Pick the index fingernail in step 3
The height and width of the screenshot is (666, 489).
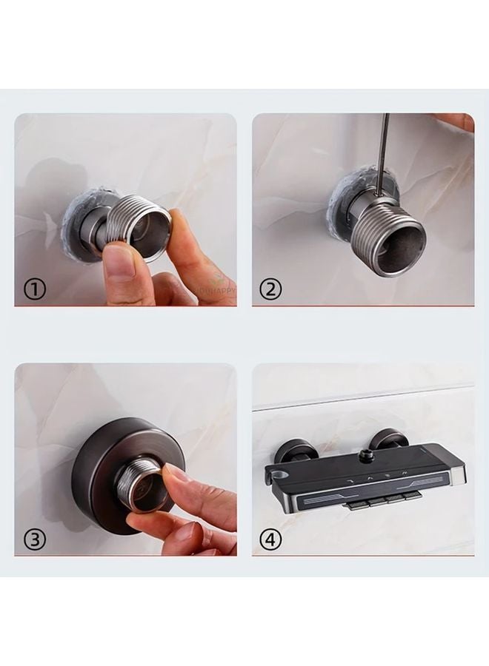coord(175,474)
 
